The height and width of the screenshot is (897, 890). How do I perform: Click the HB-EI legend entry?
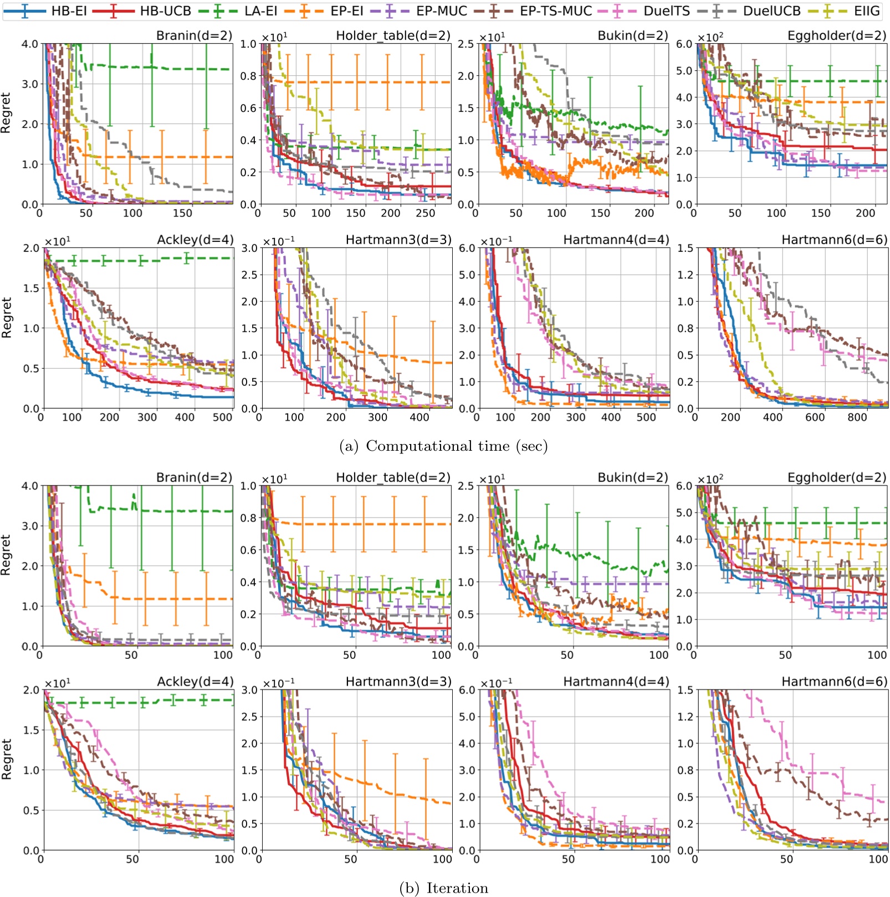(69, 11)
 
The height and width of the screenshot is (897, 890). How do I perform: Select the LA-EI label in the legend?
(260, 11)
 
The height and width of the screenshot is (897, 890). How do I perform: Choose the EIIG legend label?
(867, 11)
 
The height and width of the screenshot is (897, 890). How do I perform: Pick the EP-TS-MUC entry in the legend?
(555, 11)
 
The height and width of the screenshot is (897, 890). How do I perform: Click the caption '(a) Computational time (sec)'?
(443, 446)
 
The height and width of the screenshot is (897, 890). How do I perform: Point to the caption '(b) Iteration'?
(443, 888)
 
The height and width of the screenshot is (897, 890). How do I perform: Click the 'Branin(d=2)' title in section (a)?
(194, 35)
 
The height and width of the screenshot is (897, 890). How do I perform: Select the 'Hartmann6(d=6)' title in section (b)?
(834, 682)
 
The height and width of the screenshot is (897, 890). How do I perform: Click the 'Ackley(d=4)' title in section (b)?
(195, 682)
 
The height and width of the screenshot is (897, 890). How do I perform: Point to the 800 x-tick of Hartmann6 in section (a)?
(857, 417)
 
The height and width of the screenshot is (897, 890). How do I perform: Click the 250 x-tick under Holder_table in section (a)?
(425, 213)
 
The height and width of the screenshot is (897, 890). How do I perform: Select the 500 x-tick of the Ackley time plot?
(222, 417)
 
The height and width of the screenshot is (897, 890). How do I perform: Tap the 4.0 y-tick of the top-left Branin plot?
(29, 44)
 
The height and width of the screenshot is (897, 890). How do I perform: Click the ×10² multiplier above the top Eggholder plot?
(710, 37)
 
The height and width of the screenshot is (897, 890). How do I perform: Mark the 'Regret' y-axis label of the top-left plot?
(6, 113)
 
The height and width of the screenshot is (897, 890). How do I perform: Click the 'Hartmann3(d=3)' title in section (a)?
(398, 240)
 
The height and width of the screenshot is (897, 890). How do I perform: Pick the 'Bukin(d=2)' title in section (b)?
(633, 477)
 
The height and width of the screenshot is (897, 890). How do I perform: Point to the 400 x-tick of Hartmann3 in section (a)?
(419, 417)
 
